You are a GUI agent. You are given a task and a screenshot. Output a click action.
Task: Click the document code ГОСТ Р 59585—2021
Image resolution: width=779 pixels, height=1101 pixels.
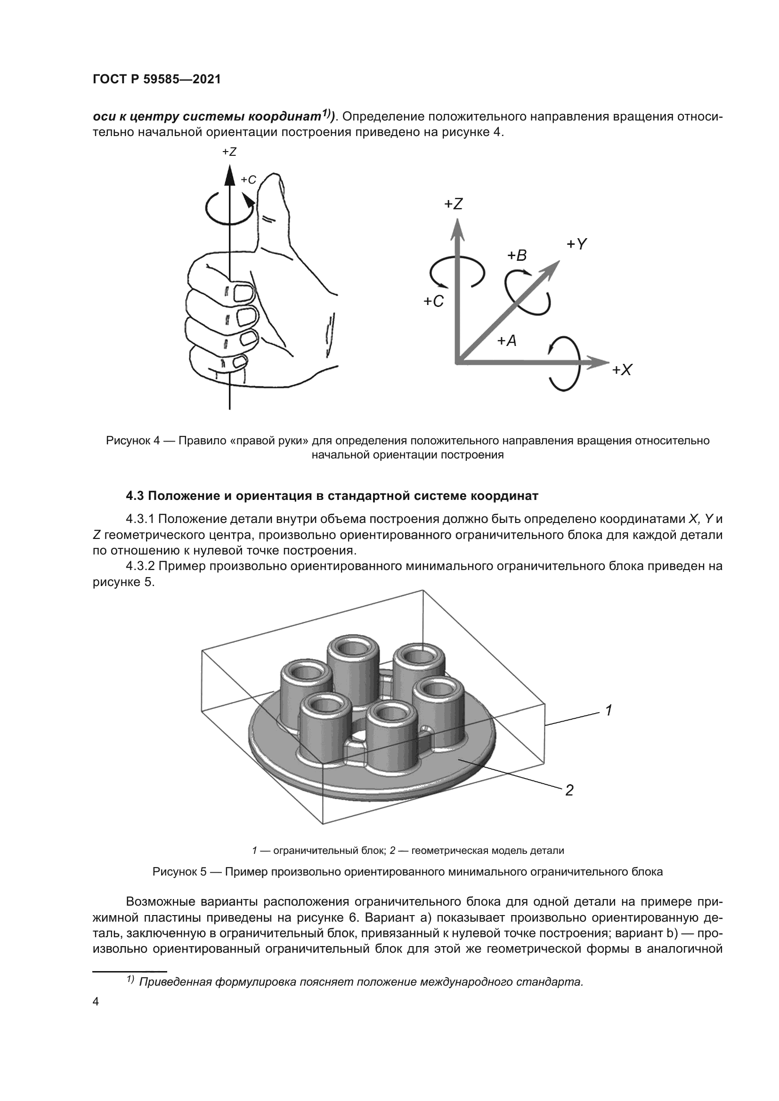pos(156,80)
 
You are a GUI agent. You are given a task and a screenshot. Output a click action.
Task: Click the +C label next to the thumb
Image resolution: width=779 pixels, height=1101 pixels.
pos(249,180)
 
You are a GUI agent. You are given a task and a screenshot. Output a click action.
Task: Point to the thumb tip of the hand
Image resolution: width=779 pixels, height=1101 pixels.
pos(274,178)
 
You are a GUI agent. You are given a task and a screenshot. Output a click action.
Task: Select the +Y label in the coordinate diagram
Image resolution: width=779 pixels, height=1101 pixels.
pos(577,245)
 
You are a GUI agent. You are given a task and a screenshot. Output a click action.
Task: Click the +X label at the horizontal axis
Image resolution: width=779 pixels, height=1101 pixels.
pos(622,370)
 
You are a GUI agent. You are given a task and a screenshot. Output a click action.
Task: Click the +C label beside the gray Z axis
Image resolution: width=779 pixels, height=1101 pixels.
pos(434,302)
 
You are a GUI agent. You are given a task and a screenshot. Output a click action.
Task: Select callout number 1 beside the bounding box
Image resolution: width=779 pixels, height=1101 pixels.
pos(608,710)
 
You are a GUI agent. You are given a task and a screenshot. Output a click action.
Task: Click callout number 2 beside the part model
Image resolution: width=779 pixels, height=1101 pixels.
pos(569,790)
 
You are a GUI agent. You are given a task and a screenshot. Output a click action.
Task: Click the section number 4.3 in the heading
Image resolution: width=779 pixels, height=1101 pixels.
pos(136,496)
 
